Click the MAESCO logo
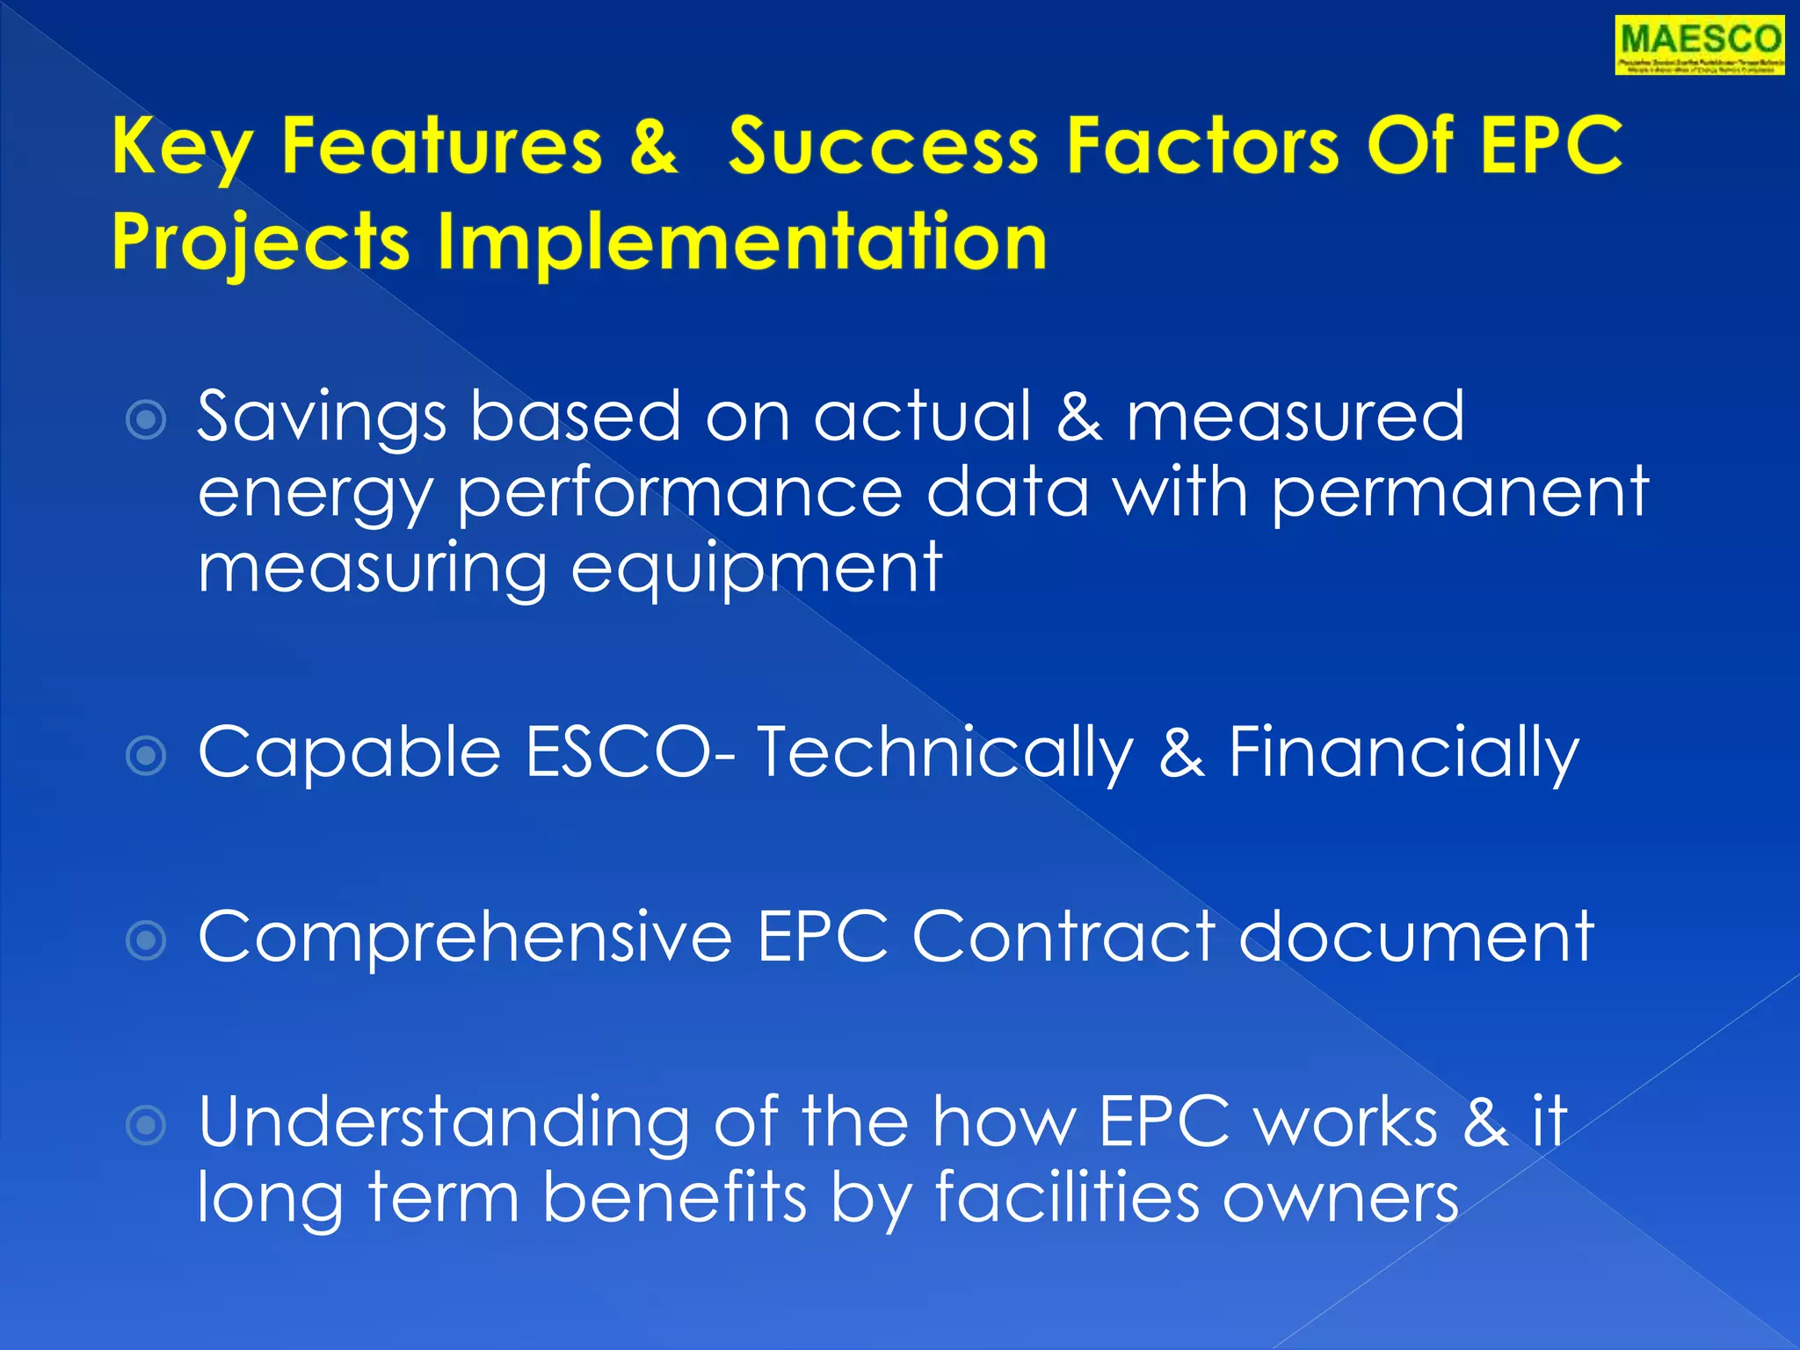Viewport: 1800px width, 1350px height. pyautogui.click(x=1699, y=45)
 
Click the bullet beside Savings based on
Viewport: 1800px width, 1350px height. pyautogui.click(x=146, y=419)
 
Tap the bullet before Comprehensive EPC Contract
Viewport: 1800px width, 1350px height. pyautogui.click(x=146, y=940)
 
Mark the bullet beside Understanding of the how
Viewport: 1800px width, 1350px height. pyautogui.click(x=146, y=1125)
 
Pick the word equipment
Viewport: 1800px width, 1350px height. pyautogui.click(x=757, y=569)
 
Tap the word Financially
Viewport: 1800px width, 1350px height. pyautogui.click(x=1403, y=752)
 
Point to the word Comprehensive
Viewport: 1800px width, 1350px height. pyautogui.click(x=465, y=938)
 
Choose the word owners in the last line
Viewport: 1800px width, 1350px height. pyautogui.click(x=1341, y=1197)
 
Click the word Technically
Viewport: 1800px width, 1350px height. pyautogui.click(x=945, y=752)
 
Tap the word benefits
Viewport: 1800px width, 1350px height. pyautogui.click(x=674, y=1197)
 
